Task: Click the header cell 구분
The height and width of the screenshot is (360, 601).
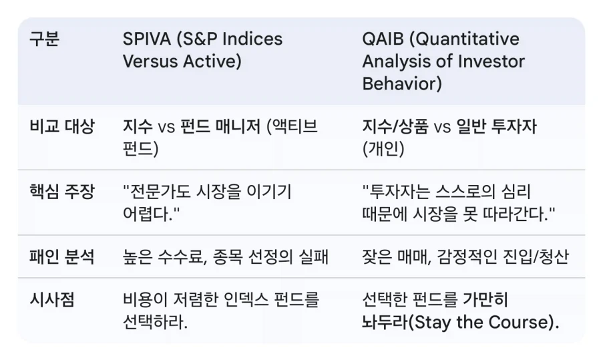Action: click(x=44, y=39)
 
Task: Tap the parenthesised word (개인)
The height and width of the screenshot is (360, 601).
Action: click(x=383, y=148)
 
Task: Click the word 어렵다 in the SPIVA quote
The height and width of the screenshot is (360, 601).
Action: click(x=148, y=214)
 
